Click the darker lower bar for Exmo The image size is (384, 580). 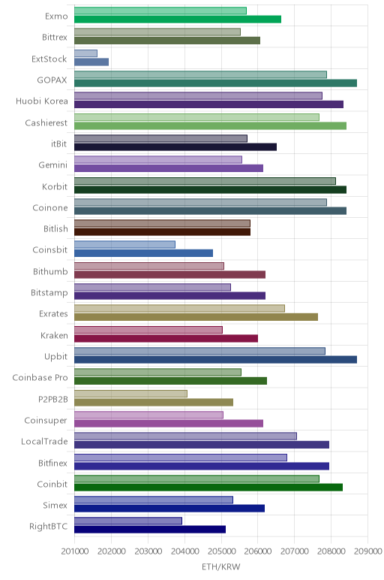pyautogui.click(x=178, y=20)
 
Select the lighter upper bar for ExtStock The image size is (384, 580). pyautogui.click(x=85, y=53)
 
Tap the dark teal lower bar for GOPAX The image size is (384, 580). pyautogui.click(x=216, y=83)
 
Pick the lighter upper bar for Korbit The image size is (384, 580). pyautogui.click(x=205, y=181)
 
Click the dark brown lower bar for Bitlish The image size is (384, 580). pyautogui.click(x=162, y=232)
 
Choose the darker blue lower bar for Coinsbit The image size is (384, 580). pyautogui.click(x=144, y=253)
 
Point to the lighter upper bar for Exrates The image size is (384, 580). pyautogui.click(x=179, y=308)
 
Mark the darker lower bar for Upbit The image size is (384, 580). pyautogui.click(x=216, y=360)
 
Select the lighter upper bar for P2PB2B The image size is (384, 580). pyautogui.click(x=130, y=394)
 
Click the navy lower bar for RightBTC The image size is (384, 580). pyautogui.click(x=150, y=530)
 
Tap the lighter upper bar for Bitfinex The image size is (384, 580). pyautogui.click(x=181, y=458)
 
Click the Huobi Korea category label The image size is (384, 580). pyautogui.click(x=42, y=101)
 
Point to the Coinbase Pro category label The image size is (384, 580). pyautogui.click(x=40, y=377)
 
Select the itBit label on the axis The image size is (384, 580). pyautogui.click(x=59, y=143)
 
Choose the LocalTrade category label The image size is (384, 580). pyautogui.click(x=44, y=441)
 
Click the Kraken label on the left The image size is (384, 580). pyautogui.click(x=54, y=335)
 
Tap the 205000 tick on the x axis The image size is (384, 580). pyautogui.click(x=221, y=551)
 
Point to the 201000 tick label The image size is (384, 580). pyautogui.click(x=74, y=551)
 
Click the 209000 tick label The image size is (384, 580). pyautogui.click(x=367, y=551)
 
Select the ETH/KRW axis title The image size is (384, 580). pyautogui.click(x=220, y=566)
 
